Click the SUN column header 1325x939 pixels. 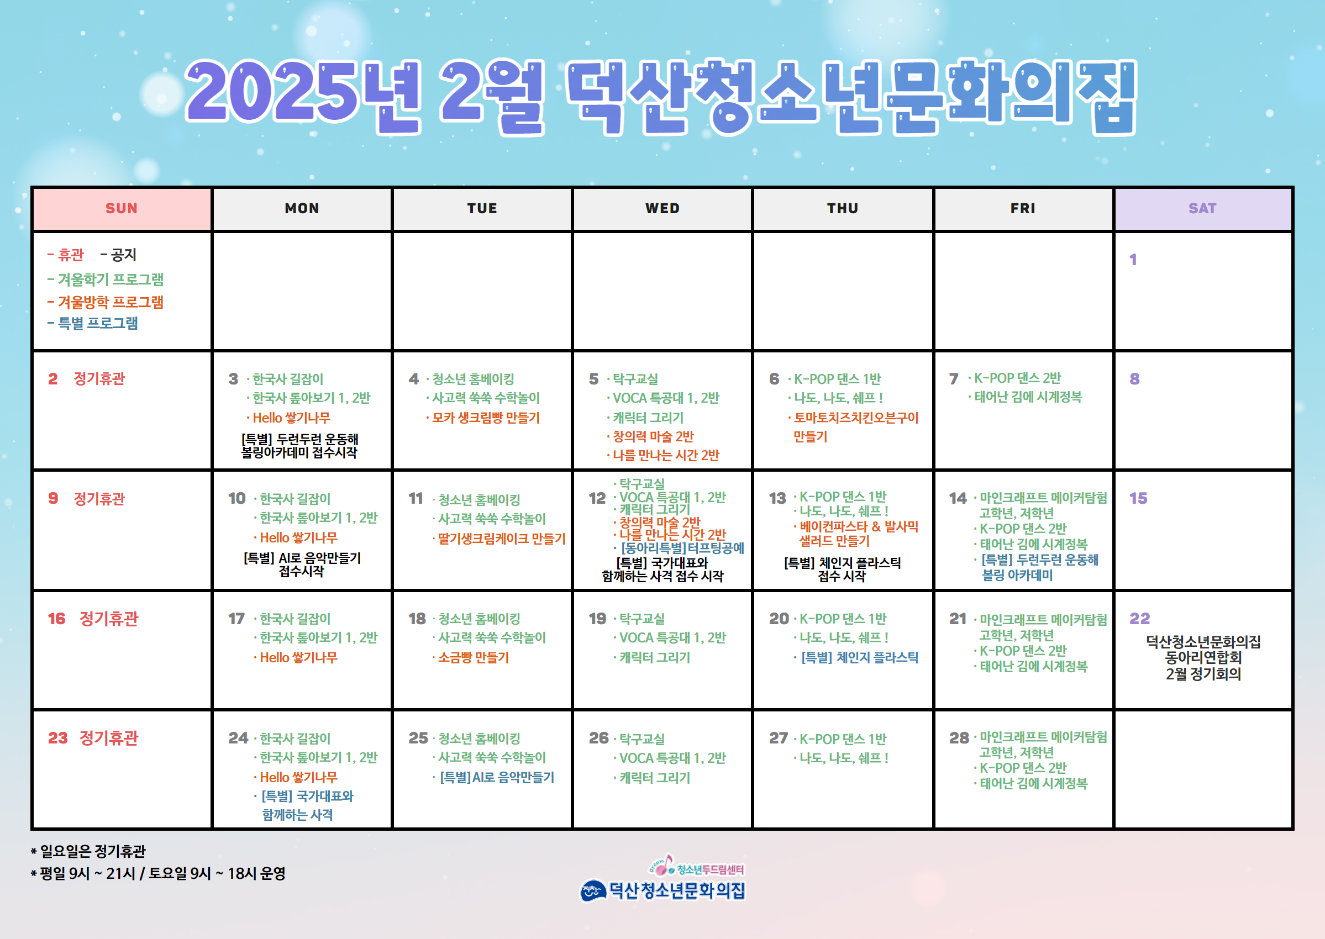122,208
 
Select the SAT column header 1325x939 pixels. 1202,208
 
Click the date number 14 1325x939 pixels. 958,498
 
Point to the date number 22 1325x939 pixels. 1139,619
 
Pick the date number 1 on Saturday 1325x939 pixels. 1133,260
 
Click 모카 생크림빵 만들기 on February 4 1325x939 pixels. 486,418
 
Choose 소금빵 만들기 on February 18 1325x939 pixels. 473,657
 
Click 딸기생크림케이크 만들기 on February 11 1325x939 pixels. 501,539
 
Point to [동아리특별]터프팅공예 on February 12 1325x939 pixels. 682,548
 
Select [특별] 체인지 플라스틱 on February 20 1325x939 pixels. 859,657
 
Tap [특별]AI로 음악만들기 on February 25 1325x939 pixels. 497,777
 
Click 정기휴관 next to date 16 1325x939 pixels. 109,619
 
